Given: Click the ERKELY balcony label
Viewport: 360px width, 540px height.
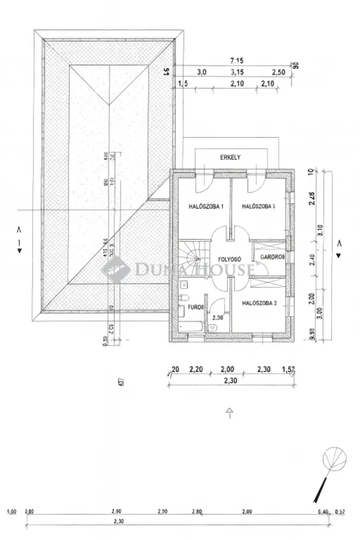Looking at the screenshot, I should click(231, 157).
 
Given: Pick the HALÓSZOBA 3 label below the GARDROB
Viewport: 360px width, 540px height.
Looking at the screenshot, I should click(259, 304).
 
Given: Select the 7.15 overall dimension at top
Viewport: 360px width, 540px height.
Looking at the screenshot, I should click(235, 61).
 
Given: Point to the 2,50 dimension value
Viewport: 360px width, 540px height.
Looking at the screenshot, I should click(278, 72).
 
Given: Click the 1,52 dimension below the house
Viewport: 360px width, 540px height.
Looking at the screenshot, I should click(290, 370).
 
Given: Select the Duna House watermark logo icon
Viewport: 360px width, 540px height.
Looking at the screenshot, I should click(112, 268).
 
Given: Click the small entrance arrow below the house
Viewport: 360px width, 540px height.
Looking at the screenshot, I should click(229, 412).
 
